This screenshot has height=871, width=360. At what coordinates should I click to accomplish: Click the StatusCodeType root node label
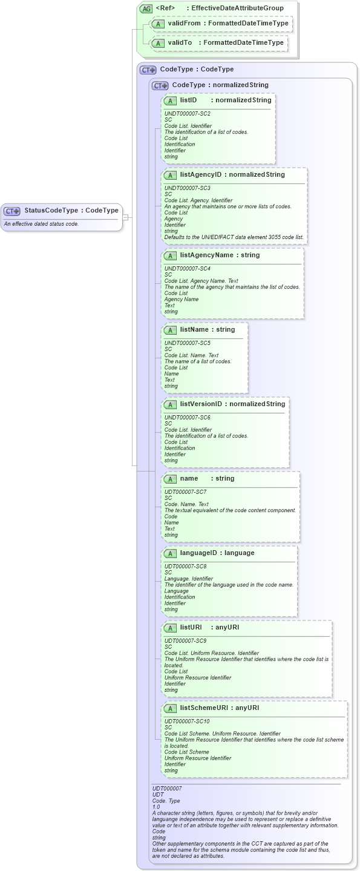tap(51, 211)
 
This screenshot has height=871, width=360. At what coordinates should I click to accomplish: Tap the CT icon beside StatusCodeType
tap(12, 211)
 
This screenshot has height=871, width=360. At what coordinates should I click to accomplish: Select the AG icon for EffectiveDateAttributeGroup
tap(146, 8)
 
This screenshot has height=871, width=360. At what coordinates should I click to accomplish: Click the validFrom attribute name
tap(184, 24)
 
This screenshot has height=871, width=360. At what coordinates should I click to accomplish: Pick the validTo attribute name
tap(180, 43)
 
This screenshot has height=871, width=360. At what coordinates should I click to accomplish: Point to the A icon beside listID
tap(171, 100)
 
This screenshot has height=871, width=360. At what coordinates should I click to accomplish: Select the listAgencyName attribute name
tap(206, 255)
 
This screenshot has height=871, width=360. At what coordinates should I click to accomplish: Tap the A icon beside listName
tap(171, 330)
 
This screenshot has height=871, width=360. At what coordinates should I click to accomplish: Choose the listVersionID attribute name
tap(202, 404)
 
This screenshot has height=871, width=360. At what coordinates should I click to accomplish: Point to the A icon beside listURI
tap(171, 628)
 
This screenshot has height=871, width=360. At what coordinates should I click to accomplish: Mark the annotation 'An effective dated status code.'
tap(41, 224)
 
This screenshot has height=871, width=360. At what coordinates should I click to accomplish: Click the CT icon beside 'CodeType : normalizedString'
tap(160, 85)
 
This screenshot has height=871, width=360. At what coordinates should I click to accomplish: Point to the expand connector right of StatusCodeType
tap(125, 217)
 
